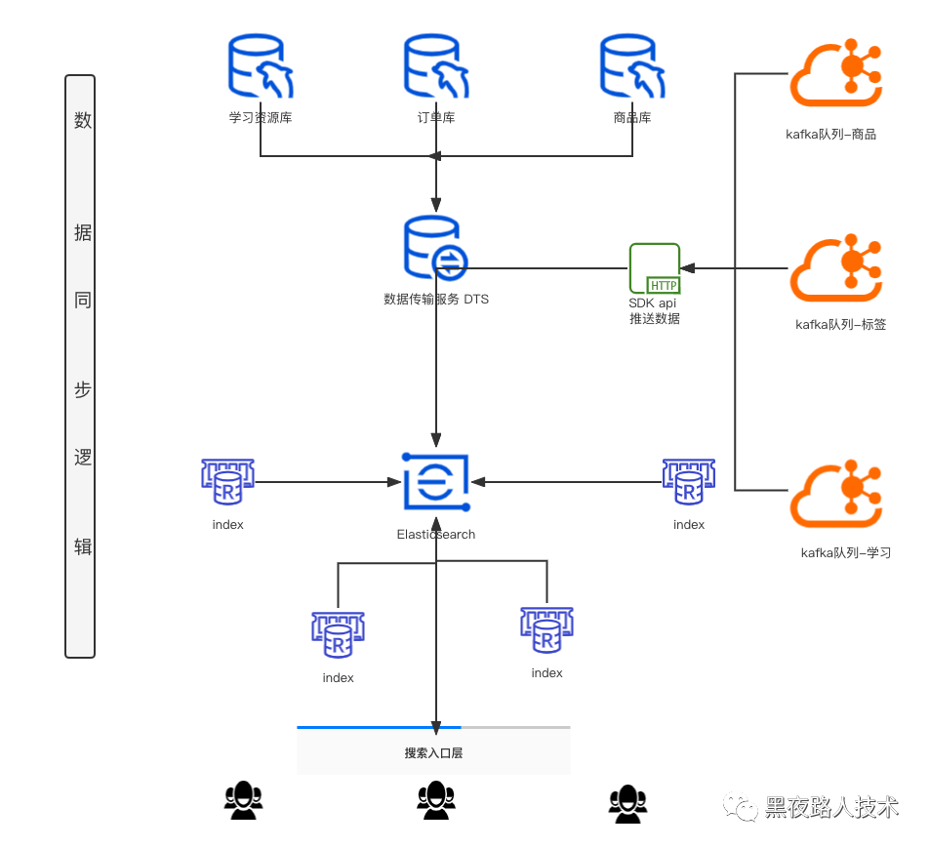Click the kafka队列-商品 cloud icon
click(835, 76)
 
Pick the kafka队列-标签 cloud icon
click(835, 267)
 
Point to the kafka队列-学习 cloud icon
click(835, 497)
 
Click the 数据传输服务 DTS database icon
click(435, 250)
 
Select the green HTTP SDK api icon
click(655, 268)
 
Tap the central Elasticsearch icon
click(436, 482)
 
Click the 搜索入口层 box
click(433, 751)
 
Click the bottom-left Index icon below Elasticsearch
click(338, 636)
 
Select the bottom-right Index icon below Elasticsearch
click(546, 631)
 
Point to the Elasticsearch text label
click(436, 534)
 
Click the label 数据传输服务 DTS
click(436, 300)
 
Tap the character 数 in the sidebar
click(83, 121)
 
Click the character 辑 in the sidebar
click(83, 546)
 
